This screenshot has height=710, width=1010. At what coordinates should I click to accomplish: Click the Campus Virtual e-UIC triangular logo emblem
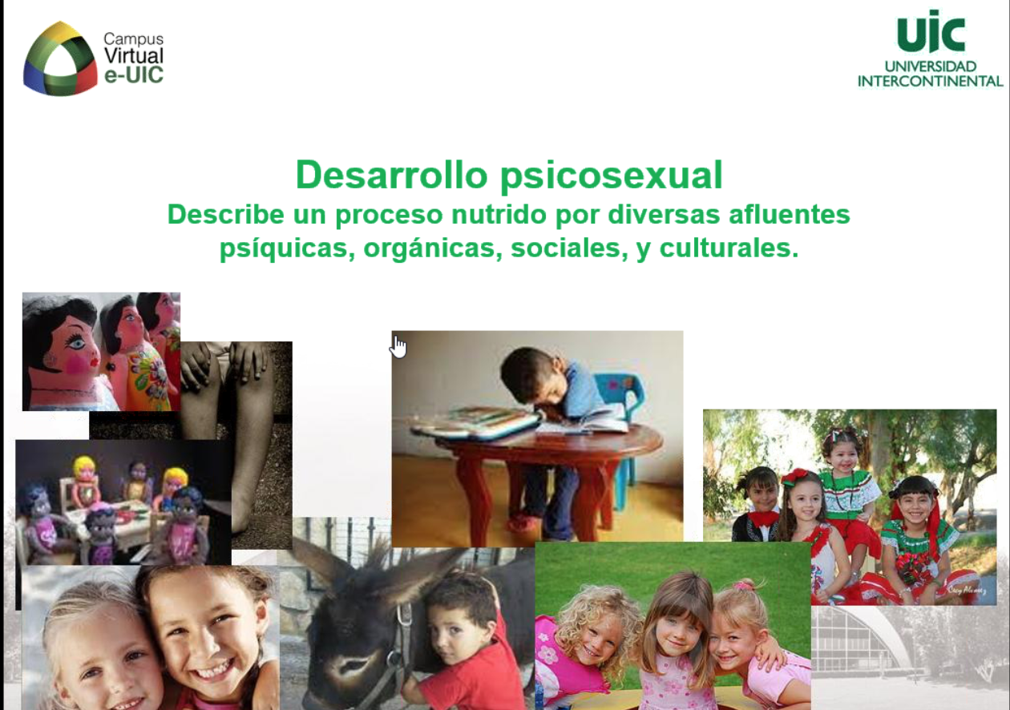click(x=60, y=58)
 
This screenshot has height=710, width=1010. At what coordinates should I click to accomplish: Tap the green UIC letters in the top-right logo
click(x=931, y=31)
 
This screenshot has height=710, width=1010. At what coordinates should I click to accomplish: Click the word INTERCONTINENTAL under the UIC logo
click(x=930, y=81)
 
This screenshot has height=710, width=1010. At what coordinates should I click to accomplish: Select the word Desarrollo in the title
click(x=392, y=175)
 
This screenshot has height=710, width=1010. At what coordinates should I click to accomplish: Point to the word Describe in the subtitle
click(x=226, y=214)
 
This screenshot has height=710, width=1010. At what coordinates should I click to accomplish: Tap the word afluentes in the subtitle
click(x=790, y=214)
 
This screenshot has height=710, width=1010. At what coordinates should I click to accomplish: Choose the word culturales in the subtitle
click(x=729, y=248)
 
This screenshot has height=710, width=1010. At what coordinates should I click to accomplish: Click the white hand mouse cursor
click(x=398, y=347)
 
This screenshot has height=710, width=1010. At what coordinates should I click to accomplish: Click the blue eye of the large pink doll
click(x=76, y=343)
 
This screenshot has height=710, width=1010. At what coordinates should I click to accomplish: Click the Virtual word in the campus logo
click(x=134, y=56)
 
